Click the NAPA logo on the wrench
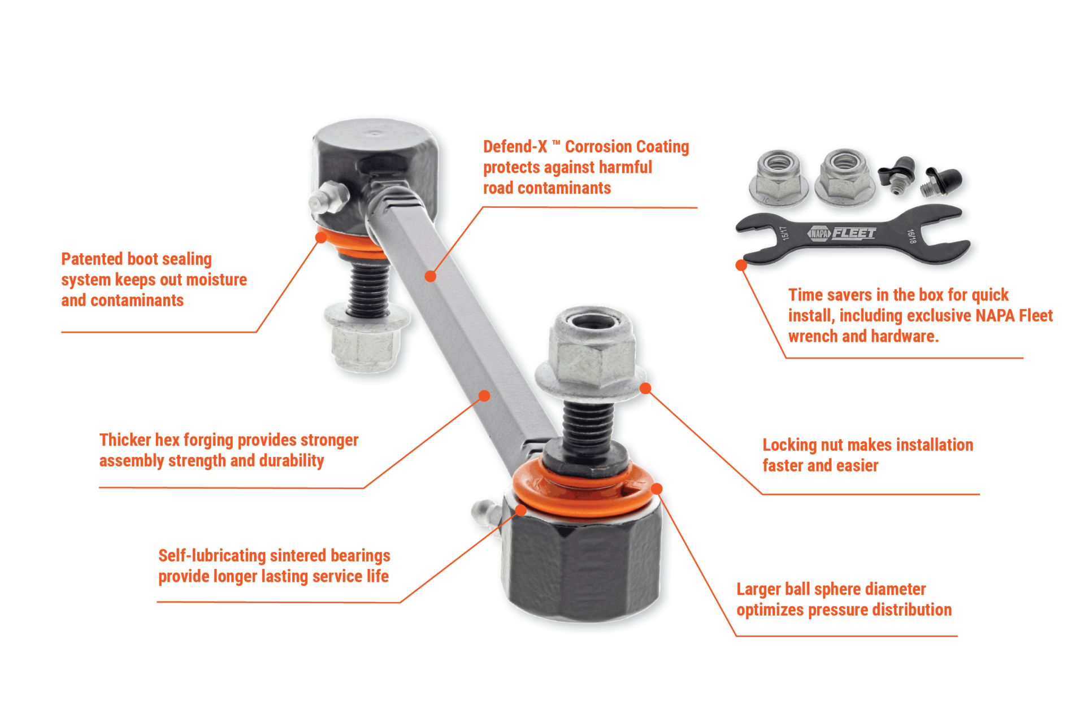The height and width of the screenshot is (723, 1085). point(819,233)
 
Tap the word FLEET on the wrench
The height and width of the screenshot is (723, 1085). point(854,233)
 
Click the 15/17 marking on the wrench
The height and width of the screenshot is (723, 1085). point(784,233)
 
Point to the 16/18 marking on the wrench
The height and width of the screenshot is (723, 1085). point(911,236)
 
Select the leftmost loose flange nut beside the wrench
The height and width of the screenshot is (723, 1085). point(778,178)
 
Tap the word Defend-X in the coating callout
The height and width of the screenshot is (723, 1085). point(515,147)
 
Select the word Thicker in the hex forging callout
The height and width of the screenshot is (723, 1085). point(125,440)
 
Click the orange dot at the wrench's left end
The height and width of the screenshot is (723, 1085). point(741,265)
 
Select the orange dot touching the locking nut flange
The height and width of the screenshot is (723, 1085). point(645,388)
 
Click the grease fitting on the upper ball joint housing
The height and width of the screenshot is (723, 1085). point(326,198)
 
